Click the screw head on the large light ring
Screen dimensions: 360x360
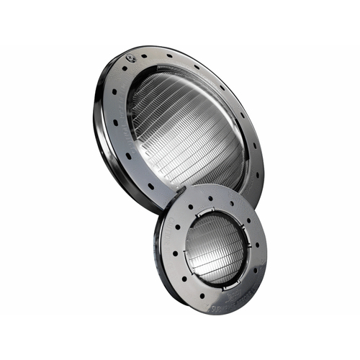[x=130, y=57]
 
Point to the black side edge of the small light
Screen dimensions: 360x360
[x=156, y=259]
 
